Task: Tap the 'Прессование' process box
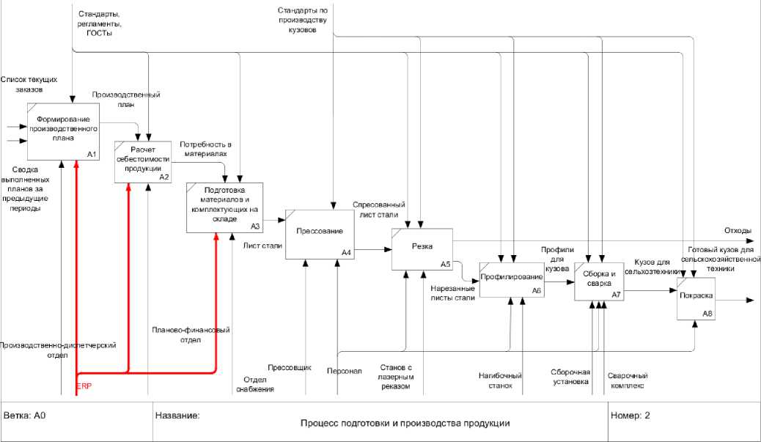coord(319,232)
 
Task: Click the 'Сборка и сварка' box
coord(598,280)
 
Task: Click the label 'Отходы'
coord(737,230)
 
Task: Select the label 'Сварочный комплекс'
coord(627,380)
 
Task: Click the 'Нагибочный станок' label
coord(496,380)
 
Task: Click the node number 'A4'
coord(347,253)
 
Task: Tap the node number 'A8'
coord(707,314)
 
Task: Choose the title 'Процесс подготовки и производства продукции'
coord(405,423)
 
